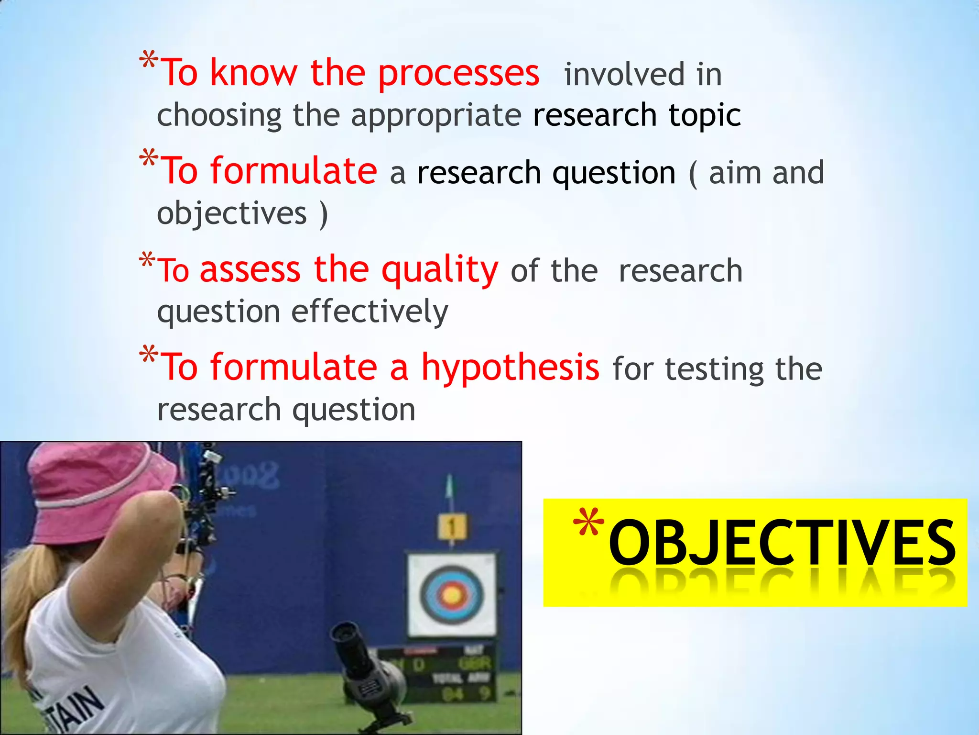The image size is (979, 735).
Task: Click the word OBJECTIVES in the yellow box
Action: tap(782, 543)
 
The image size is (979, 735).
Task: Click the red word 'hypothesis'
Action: tap(510, 367)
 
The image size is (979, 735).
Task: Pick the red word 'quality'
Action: tap(440, 270)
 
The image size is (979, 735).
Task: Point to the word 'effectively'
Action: tap(370, 312)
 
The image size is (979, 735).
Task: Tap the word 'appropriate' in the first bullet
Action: tap(436, 116)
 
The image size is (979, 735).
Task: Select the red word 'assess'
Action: tap(250, 269)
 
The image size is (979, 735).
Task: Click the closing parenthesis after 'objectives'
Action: tap(324, 213)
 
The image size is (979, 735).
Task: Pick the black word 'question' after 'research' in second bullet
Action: tap(614, 173)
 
